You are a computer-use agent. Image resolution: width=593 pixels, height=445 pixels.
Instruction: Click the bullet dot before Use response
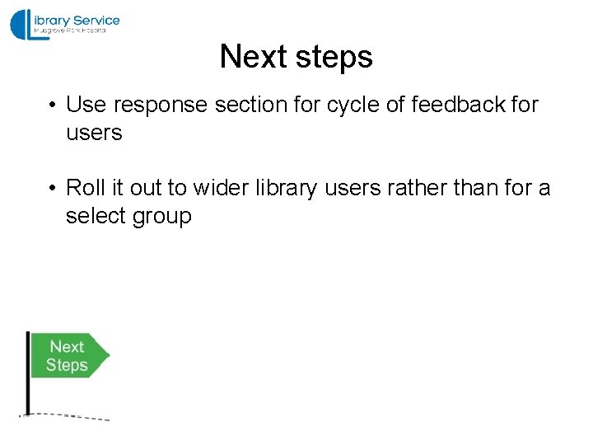click(51, 105)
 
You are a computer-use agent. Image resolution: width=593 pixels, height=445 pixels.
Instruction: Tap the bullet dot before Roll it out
click(51, 189)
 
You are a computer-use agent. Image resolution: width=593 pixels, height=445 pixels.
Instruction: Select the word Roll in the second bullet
click(85, 188)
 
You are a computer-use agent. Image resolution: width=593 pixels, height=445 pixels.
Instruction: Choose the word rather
click(410, 188)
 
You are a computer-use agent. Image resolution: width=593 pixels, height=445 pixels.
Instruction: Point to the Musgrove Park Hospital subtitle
click(70, 30)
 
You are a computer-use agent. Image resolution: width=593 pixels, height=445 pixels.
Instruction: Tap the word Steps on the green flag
click(67, 365)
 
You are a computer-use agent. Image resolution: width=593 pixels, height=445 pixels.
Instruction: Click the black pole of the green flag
click(28, 372)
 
